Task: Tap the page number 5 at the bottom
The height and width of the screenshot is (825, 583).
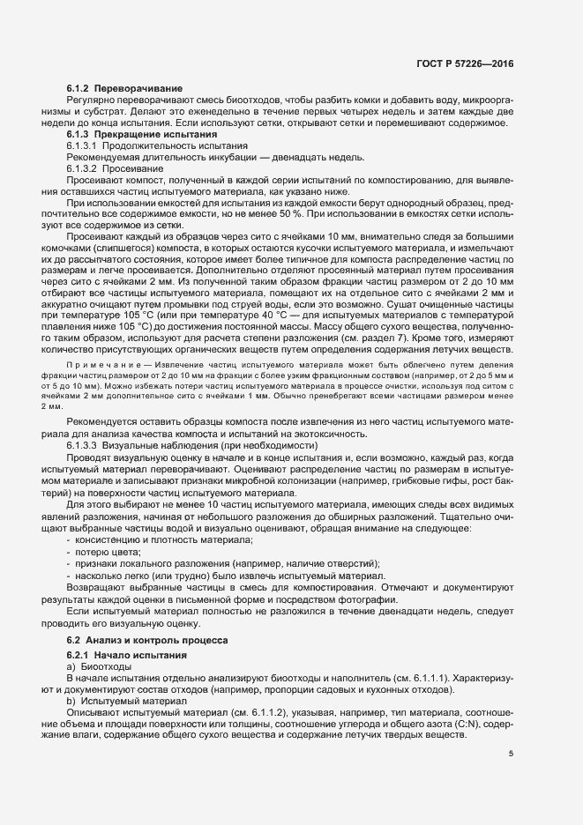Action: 512,754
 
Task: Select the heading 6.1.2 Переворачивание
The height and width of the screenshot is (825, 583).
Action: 124,90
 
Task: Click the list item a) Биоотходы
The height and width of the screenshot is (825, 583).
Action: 98,668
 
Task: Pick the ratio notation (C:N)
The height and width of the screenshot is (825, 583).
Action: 475,722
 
